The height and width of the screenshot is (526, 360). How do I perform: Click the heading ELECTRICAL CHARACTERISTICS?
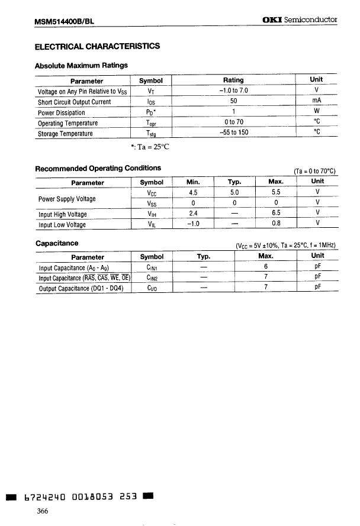pyautogui.click(x=97, y=46)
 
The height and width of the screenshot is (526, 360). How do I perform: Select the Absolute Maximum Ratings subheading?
pyautogui.click(x=81, y=65)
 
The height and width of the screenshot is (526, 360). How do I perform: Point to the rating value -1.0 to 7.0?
pyautogui.click(x=233, y=91)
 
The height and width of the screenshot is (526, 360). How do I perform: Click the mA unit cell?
pyautogui.click(x=316, y=101)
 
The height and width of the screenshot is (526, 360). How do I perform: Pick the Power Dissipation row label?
pyautogui.click(x=62, y=112)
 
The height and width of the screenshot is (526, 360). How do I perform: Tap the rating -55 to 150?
pyautogui.click(x=233, y=133)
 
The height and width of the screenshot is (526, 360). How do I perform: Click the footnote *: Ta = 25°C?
pyautogui.click(x=150, y=146)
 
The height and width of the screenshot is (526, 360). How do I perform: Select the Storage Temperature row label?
pyautogui.click(x=65, y=134)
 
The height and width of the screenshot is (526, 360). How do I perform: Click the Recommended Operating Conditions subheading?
pyautogui.click(x=98, y=168)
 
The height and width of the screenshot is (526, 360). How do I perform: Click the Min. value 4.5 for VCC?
pyautogui.click(x=192, y=192)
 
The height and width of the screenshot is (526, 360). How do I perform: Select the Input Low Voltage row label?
pyautogui.click(x=62, y=225)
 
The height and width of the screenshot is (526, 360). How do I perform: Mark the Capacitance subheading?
pyautogui.click(x=57, y=243)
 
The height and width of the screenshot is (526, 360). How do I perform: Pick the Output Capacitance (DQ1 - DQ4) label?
pyautogui.click(x=81, y=289)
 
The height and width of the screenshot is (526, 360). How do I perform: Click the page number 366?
pyautogui.click(x=42, y=511)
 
